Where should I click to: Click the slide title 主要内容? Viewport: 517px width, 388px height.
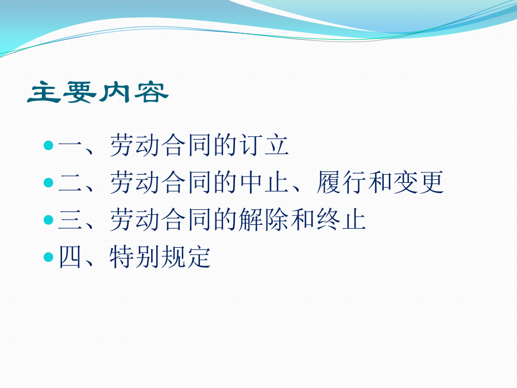point(98,92)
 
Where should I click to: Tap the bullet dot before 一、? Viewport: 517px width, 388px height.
point(48,145)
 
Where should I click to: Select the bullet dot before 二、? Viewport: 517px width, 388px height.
point(48,182)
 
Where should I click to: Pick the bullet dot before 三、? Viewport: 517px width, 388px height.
point(48,220)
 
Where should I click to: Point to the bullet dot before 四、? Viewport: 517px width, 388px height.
point(48,257)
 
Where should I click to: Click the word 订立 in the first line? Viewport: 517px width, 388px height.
point(264,145)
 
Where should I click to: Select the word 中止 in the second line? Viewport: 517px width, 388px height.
point(264,182)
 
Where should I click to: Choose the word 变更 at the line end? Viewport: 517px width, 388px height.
point(418,182)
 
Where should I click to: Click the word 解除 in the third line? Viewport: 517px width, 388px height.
point(264,220)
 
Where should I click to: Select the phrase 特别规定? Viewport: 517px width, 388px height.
point(160,257)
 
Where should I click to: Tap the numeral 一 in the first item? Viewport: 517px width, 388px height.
point(70,145)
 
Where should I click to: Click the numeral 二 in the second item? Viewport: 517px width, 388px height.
point(70,182)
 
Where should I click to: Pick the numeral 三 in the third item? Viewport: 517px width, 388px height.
point(70,220)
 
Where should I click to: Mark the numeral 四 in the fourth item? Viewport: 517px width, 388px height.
point(70,257)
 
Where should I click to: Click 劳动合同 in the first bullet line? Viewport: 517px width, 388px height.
point(160,145)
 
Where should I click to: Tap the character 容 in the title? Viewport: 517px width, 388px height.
point(151,93)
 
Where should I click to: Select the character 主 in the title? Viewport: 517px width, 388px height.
point(44,92)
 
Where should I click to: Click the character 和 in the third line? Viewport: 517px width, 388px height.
point(303,220)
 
